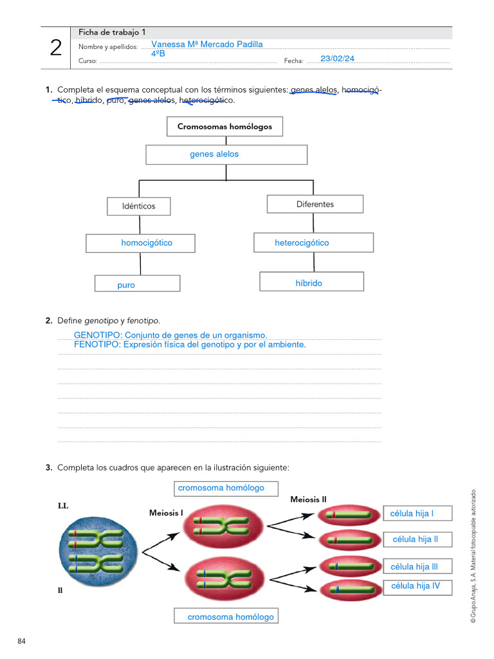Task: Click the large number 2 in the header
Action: click(x=56, y=48)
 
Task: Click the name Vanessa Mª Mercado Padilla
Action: click(x=206, y=44)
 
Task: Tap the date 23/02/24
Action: click(x=337, y=59)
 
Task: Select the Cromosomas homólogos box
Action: click(x=224, y=127)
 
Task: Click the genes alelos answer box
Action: click(x=226, y=154)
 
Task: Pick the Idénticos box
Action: click(x=139, y=207)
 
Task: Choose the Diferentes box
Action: click(x=315, y=204)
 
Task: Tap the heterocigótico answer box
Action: click(x=314, y=243)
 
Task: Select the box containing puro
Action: click(x=137, y=284)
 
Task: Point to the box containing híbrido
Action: click(x=311, y=282)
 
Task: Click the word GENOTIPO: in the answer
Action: click(x=98, y=335)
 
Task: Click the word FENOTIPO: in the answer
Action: click(x=98, y=345)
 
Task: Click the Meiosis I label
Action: click(x=167, y=513)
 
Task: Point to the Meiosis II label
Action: click(x=309, y=500)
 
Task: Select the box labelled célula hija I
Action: click(x=417, y=514)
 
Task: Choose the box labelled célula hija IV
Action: click(x=417, y=586)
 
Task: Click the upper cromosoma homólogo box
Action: click(x=226, y=488)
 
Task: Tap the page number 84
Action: click(x=22, y=641)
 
